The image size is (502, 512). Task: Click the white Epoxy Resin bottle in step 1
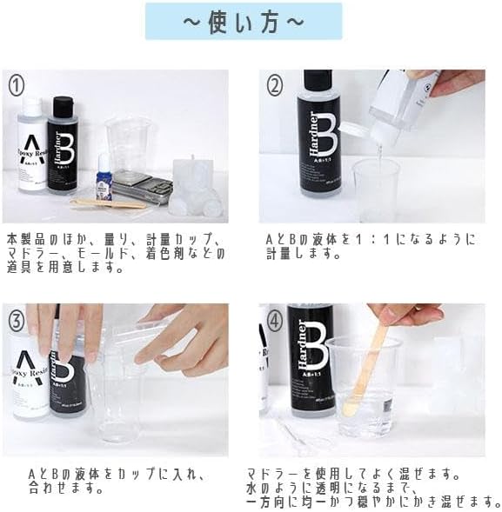click(x=31, y=148)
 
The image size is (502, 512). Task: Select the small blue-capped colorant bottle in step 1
click(x=104, y=181)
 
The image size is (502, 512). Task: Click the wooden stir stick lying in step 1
click(x=109, y=204)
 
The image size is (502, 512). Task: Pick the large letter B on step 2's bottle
click(x=325, y=139)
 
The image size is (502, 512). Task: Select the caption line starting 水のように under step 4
click(x=352, y=489)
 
